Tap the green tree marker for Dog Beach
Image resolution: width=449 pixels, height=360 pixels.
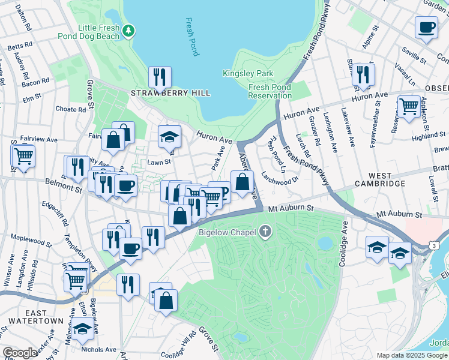(x=128, y=30)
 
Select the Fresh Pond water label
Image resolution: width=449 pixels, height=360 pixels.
(x=191, y=37)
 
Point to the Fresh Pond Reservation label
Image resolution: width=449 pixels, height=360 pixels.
(x=270, y=91)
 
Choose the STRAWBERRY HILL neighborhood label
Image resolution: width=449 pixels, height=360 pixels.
(x=171, y=93)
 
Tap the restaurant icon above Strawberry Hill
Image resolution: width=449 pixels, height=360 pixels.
(x=160, y=77)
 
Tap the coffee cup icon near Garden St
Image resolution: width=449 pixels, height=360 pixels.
(x=426, y=27)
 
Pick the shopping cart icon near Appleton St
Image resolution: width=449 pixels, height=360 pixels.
(x=409, y=106)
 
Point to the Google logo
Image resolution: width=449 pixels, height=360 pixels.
(x=20, y=353)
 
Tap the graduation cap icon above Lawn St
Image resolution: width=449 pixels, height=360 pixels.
(x=170, y=137)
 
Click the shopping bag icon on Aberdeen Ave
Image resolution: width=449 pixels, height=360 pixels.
(x=242, y=182)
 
